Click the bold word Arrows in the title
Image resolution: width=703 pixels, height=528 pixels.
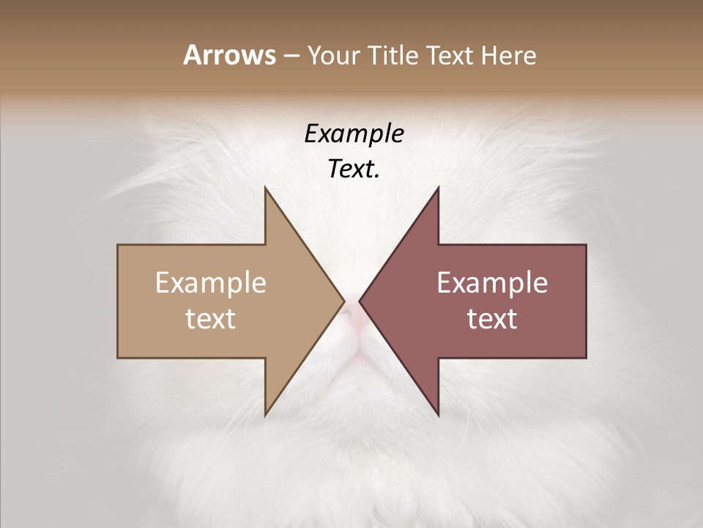coord(229,55)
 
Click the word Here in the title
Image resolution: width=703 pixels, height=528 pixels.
coord(509,56)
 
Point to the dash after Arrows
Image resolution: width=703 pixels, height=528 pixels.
coord(291,56)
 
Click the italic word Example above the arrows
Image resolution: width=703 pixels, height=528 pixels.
coord(354,133)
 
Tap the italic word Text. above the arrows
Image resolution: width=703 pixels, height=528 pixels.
coord(354,169)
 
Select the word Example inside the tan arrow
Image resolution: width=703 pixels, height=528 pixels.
coord(211,283)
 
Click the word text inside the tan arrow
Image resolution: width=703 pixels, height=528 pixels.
coord(211,319)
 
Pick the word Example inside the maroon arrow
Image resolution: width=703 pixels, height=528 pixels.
coord(492,283)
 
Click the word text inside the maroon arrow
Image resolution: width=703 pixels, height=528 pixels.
coord(492,319)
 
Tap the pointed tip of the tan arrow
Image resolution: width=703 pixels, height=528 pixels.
coord(343,301)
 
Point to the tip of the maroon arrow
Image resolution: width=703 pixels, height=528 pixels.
coord(360,301)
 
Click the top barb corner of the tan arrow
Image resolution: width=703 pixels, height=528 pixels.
coord(265,188)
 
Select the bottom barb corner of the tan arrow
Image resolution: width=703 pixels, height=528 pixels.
coord(265,415)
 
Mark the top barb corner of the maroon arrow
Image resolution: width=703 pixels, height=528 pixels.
coord(438,188)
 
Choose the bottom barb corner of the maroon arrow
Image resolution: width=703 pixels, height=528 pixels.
coord(438,415)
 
